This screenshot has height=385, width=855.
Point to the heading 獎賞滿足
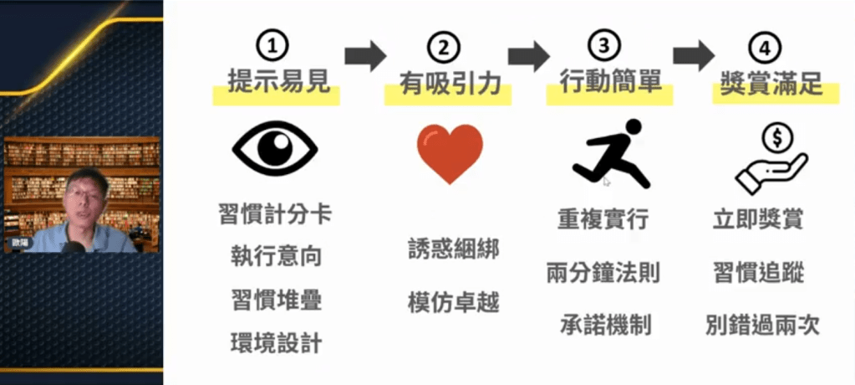coord(771,82)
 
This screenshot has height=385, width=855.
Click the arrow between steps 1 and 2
coord(365,56)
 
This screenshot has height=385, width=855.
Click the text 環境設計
coord(275,343)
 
